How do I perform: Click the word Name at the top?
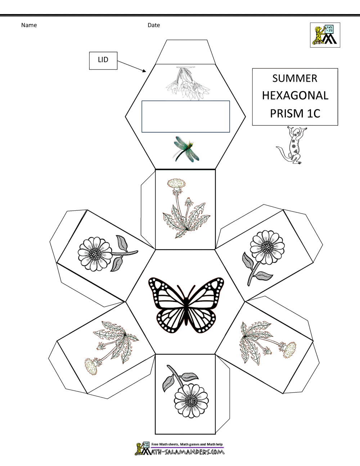pos(29,25)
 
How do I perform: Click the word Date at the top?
pos(154,25)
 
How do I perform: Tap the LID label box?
pos(103,61)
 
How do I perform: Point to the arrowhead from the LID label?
pos(144,71)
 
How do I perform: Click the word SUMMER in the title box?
pos(294,78)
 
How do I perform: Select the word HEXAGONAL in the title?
pos(295,95)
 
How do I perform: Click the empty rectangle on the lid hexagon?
pos(185,116)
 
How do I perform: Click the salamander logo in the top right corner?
pos(325,35)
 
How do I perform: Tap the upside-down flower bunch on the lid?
pos(188,83)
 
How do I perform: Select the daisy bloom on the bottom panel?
pos(191,400)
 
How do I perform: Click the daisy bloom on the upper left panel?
pos(95,254)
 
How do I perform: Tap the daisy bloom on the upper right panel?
pos(267,247)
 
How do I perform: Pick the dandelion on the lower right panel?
pos(268,343)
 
